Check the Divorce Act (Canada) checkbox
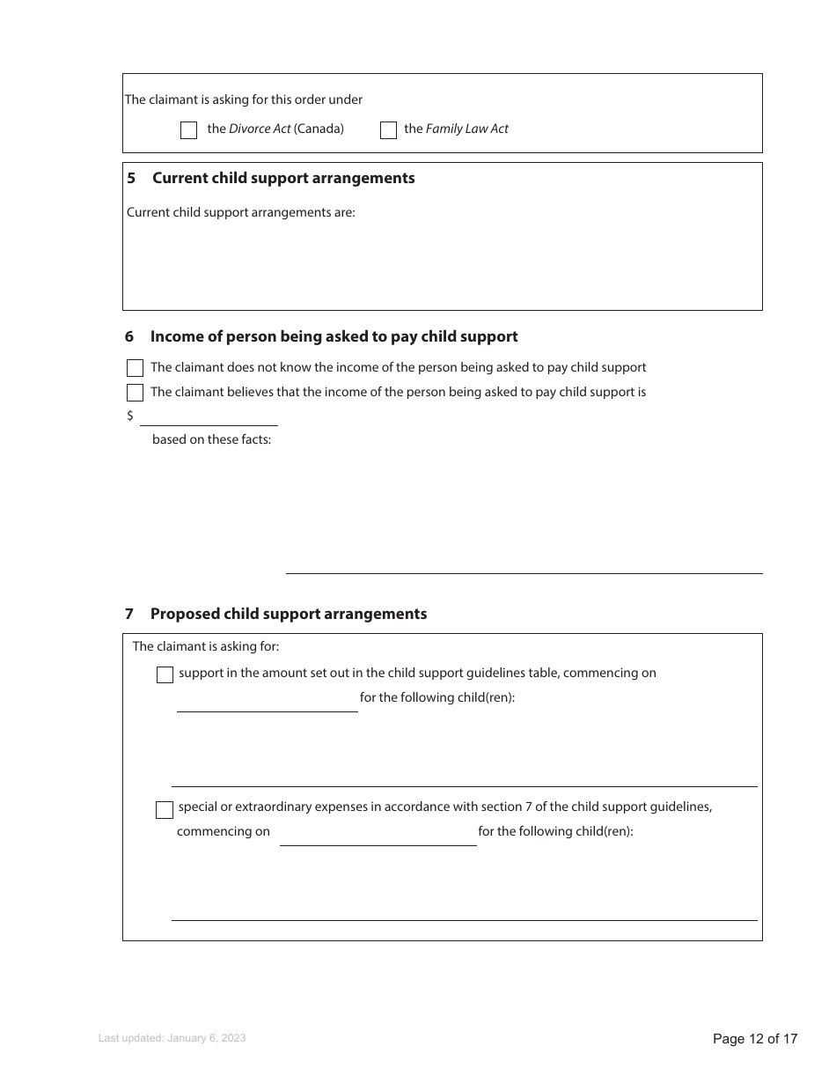188,130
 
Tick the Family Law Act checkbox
388,130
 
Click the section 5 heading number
131,178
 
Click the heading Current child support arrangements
283,178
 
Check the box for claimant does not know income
135,368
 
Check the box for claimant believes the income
135,393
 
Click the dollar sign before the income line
130,416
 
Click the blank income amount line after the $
209,417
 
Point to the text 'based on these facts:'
211,439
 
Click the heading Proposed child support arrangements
289,614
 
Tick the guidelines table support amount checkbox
165,675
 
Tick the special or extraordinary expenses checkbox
165,810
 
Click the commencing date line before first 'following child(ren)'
267,703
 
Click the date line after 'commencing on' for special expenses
378,836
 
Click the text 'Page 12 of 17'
755,1039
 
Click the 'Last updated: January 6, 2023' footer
172,1038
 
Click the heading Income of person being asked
334,336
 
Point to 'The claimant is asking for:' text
206,646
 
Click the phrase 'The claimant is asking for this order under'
244,99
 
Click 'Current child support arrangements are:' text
241,212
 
